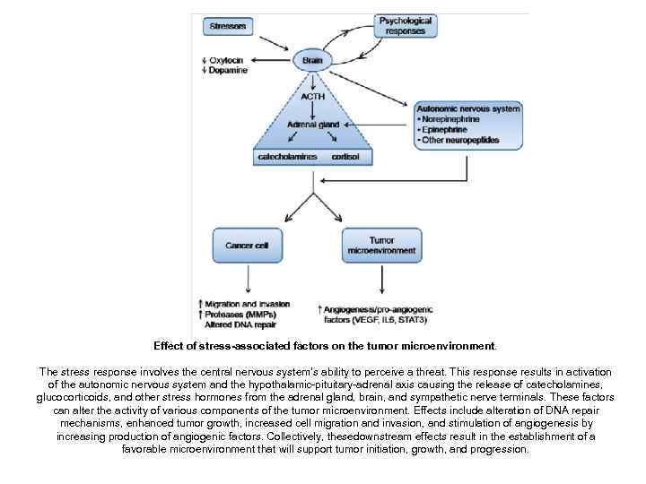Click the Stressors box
point(228,26)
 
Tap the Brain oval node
point(312,61)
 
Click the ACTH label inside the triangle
point(312,96)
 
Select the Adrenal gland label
point(311,124)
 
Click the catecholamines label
point(286,158)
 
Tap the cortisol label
point(345,158)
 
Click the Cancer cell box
point(247,245)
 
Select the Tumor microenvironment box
point(381,246)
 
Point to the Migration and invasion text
point(247,305)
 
